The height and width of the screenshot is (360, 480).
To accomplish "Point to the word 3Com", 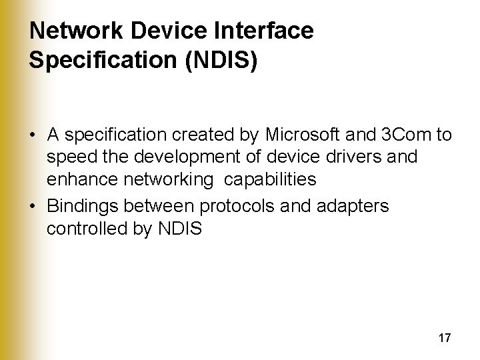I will pos(407,135).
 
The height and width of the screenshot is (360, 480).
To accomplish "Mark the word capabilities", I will pos(269,179).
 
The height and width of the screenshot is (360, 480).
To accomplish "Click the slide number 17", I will pos(445,338).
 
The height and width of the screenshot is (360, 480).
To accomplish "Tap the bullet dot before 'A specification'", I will pos(33,136).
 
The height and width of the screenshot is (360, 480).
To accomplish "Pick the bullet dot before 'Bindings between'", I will pos(33,207).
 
